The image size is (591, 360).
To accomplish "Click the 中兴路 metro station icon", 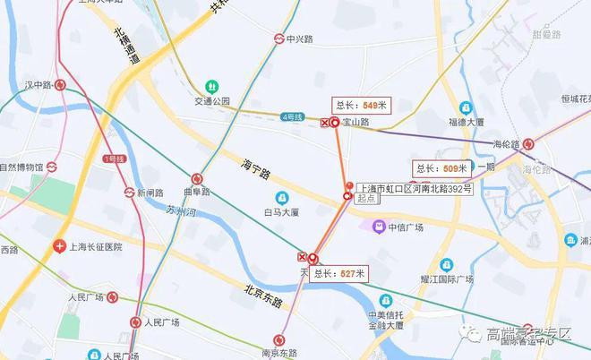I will (279, 39).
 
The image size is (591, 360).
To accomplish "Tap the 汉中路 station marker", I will (60, 85).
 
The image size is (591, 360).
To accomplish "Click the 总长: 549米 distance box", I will (361, 105).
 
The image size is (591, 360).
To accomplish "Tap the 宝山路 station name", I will (355, 122).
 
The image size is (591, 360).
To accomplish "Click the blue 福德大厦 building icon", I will (466, 107).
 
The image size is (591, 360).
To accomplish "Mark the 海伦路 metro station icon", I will (529, 143).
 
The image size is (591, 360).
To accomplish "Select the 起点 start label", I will (365, 201).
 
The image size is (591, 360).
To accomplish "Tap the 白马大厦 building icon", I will (282, 197).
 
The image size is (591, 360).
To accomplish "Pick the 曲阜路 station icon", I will (197, 178).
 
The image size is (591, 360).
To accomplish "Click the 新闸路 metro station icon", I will (130, 192).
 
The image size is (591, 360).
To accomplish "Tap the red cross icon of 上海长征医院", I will (59, 245).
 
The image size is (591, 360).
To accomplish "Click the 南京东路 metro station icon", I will (279, 339).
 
